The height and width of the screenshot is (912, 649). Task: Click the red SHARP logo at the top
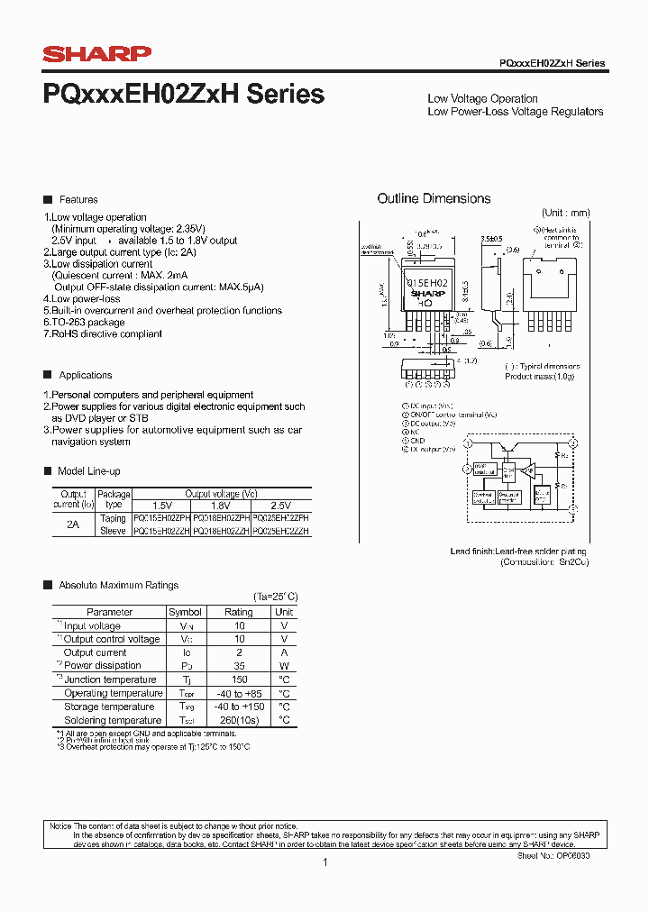[97, 55]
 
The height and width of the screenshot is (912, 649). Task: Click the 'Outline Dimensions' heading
[434, 198]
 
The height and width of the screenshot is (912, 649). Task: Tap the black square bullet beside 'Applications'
[48, 375]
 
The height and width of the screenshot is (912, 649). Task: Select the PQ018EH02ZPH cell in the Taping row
[220, 519]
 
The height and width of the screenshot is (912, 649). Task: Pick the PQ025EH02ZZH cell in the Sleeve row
[281, 532]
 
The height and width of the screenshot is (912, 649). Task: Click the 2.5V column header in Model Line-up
[280, 506]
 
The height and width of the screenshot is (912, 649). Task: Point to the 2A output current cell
[72, 524]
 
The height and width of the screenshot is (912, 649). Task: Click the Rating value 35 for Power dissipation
[239, 666]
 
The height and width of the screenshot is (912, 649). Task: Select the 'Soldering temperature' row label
[113, 720]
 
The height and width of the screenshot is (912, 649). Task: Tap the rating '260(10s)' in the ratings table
[239, 720]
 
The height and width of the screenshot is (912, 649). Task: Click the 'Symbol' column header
[185, 612]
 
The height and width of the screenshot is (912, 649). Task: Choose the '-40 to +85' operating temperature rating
[239, 693]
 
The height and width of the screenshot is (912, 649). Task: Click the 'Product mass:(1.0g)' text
[540, 376]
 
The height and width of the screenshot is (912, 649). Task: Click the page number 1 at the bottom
[324, 862]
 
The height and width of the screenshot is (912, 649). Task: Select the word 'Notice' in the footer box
[59, 826]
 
